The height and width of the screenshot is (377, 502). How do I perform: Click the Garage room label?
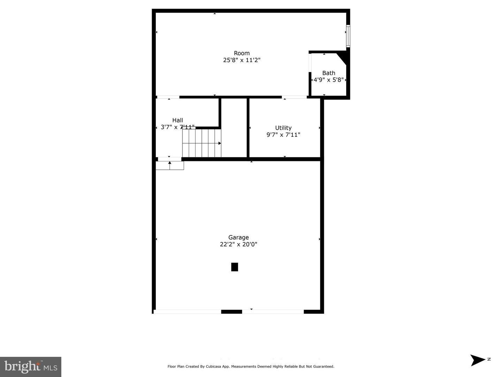pos(238,237)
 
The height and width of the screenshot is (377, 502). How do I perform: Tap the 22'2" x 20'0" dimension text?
pos(238,244)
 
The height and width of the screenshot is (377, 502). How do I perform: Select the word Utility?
pos(283,128)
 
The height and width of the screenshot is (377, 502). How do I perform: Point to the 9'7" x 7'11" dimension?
pos(283,135)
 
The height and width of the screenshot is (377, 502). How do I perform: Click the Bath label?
pos(328,73)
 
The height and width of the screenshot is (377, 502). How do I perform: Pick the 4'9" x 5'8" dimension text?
pos(328,80)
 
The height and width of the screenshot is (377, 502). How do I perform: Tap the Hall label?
pos(177,120)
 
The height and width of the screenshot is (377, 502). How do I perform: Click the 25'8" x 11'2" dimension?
pos(242,60)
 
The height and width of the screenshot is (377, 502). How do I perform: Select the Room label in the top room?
pos(242,53)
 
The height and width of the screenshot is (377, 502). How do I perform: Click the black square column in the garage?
pos(235,267)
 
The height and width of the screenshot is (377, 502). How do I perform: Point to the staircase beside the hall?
pos(201,143)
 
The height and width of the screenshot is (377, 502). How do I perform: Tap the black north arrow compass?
pos(478,360)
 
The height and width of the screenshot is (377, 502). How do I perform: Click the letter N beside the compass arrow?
pos(489,359)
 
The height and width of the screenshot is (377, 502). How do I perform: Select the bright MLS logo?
pos(31,367)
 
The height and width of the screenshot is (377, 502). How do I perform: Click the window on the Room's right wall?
pos(348,36)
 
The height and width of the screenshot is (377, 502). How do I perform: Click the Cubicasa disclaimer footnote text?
pos(251,367)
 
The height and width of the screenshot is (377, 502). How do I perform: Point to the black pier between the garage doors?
pos(231,311)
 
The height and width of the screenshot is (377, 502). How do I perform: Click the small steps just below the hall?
pos(170,165)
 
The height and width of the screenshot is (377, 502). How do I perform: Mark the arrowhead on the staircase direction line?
pos(220,143)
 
